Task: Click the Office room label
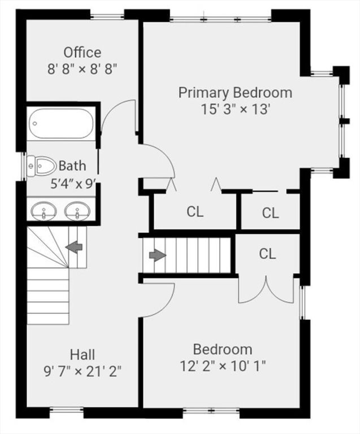click(83, 53)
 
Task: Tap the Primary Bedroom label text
click(235, 92)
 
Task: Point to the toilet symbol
click(42, 166)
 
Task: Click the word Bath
click(73, 166)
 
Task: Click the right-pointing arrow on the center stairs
click(157, 255)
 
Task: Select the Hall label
click(83, 354)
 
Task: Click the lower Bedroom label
click(223, 349)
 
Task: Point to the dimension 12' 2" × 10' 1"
click(223, 365)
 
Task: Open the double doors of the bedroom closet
click(266, 289)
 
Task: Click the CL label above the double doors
click(267, 254)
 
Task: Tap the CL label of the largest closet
click(195, 212)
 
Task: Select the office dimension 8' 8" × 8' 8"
click(83, 69)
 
